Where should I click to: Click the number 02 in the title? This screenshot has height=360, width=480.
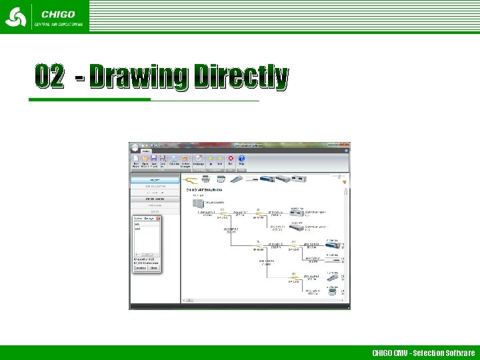pos(51,77)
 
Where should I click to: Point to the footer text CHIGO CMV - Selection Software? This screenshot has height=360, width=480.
pos(423,353)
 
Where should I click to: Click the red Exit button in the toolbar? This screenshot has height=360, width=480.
pos(231,159)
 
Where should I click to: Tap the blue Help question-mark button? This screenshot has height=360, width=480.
pos(242,159)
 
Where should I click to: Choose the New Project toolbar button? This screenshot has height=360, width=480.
pos(136,159)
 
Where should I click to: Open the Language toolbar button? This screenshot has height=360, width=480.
pos(198,159)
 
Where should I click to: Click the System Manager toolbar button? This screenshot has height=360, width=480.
pos(185,159)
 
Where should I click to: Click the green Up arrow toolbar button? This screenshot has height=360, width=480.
pos(211,159)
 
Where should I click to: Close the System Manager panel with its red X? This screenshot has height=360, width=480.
pos(158,219)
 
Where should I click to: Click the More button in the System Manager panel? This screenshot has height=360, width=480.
pos(153,269)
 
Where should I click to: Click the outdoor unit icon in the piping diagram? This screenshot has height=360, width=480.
pos(197,203)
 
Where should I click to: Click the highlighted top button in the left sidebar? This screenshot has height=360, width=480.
pos(155,180)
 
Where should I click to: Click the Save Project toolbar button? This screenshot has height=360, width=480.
pos(154,159)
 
